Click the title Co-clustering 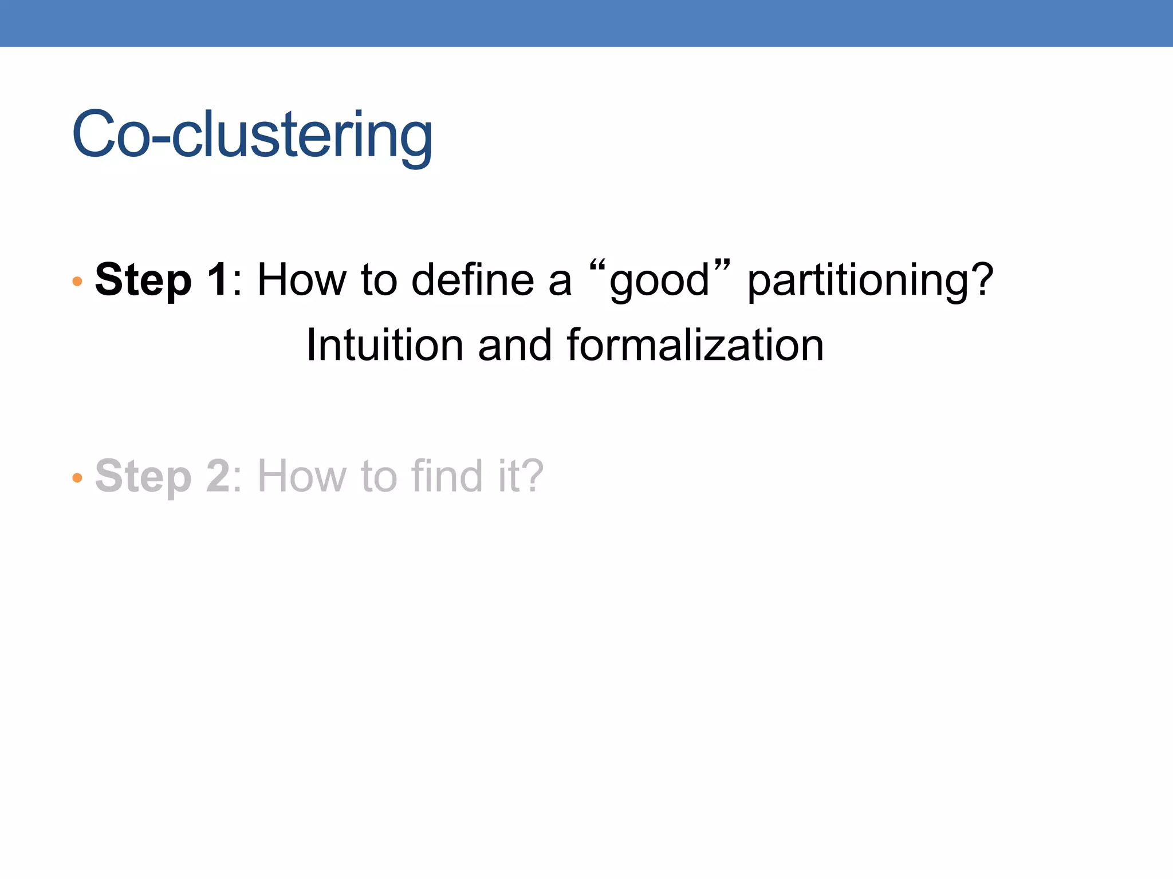point(252,135)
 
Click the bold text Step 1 point(162,280)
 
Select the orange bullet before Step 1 point(77,281)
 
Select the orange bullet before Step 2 point(77,477)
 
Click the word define point(473,280)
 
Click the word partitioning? point(870,281)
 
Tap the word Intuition point(384,345)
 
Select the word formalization point(695,345)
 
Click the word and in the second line point(514,345)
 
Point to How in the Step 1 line point(302,280)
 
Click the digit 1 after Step point(218,280)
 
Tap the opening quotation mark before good point(597,266)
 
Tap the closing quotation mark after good point(723,266)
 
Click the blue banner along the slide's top point(586,23)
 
